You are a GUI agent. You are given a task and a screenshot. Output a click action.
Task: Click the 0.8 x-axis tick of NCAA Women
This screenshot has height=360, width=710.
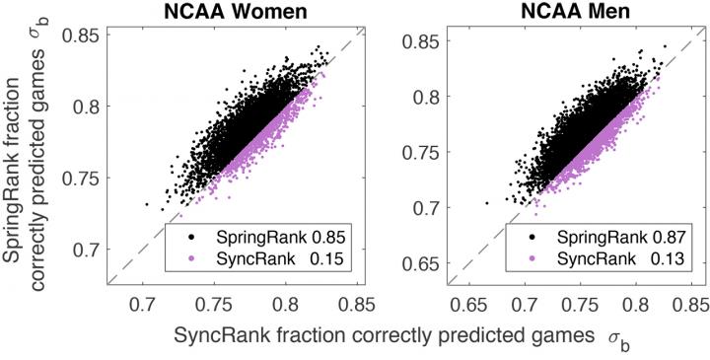pyautogui.click(x=286, y=301)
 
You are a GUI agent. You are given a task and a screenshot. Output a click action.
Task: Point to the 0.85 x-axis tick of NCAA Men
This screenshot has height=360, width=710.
pyautogui.click(x=687, y=301)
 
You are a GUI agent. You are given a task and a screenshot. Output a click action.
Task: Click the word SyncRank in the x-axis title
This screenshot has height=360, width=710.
pyautogui.click(x=218, y=336)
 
